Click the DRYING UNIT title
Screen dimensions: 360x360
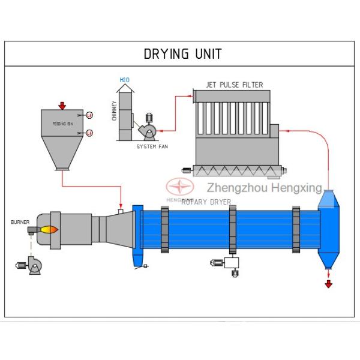tap(182, 53)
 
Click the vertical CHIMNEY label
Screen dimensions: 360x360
tap(114, 110)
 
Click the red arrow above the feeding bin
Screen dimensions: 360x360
tap(62, 106)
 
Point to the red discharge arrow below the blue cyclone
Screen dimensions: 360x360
tap(328, 283)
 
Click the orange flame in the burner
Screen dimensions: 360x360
tap(49, 229)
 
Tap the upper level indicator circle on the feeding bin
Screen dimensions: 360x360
tap(89, 115)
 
